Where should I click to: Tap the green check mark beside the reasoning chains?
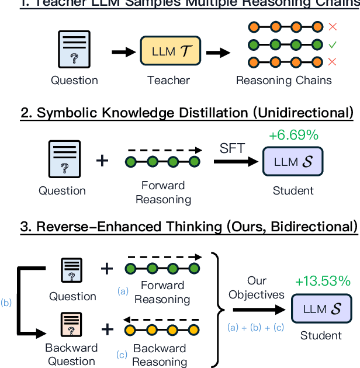[333, 44]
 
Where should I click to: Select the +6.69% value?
[293, 136]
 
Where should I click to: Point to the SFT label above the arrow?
[231, 150]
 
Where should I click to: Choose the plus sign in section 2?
[102, 160]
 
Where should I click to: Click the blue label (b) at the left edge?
[6, 303]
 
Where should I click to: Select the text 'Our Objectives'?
[256, 288]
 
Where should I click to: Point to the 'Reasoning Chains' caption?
[283, 80]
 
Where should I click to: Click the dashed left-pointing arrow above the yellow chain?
[163, 320]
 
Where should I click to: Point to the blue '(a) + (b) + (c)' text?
[255, 327]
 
